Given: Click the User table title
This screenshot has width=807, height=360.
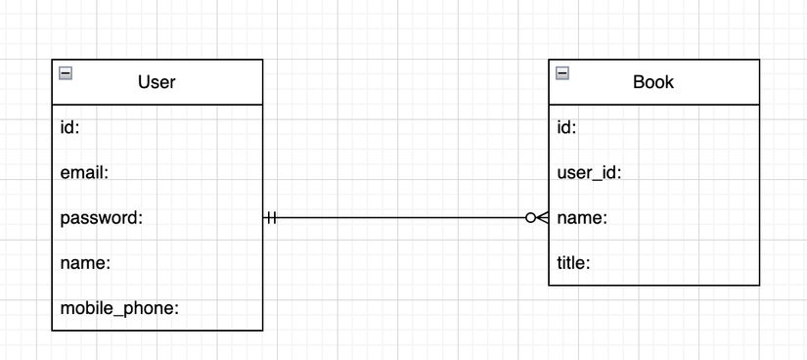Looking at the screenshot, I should point(157,82).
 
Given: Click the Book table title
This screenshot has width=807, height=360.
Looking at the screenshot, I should point(653,82).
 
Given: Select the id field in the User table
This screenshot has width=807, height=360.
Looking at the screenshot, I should point(69,127).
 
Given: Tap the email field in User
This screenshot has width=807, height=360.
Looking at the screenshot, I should point(83,172).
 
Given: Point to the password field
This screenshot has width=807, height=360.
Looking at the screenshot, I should point(102,218).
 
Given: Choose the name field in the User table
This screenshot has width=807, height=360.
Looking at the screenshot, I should point(85,263).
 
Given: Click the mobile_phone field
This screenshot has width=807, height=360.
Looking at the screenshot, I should point(119,308).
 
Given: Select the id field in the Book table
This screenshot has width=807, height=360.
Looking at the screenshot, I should point(566,127).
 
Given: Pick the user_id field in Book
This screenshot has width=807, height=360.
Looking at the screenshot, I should point(590,173).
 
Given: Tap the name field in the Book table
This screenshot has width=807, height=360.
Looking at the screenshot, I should point(582,218).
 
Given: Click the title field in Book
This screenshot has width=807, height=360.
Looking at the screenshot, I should point(574,263).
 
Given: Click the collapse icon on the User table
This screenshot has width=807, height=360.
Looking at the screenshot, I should point(66,71).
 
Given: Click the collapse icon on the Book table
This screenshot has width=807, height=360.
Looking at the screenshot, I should point(562,71).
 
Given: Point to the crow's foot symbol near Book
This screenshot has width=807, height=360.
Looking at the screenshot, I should point(542,218).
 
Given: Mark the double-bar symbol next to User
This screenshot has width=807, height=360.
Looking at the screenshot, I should point(271,218).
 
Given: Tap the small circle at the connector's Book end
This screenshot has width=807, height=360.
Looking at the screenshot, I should point(530,218).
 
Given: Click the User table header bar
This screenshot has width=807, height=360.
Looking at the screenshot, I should point(215,82).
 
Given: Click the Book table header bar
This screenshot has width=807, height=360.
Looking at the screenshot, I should point(714,82).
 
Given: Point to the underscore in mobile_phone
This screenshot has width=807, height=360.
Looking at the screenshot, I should point(117,314).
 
